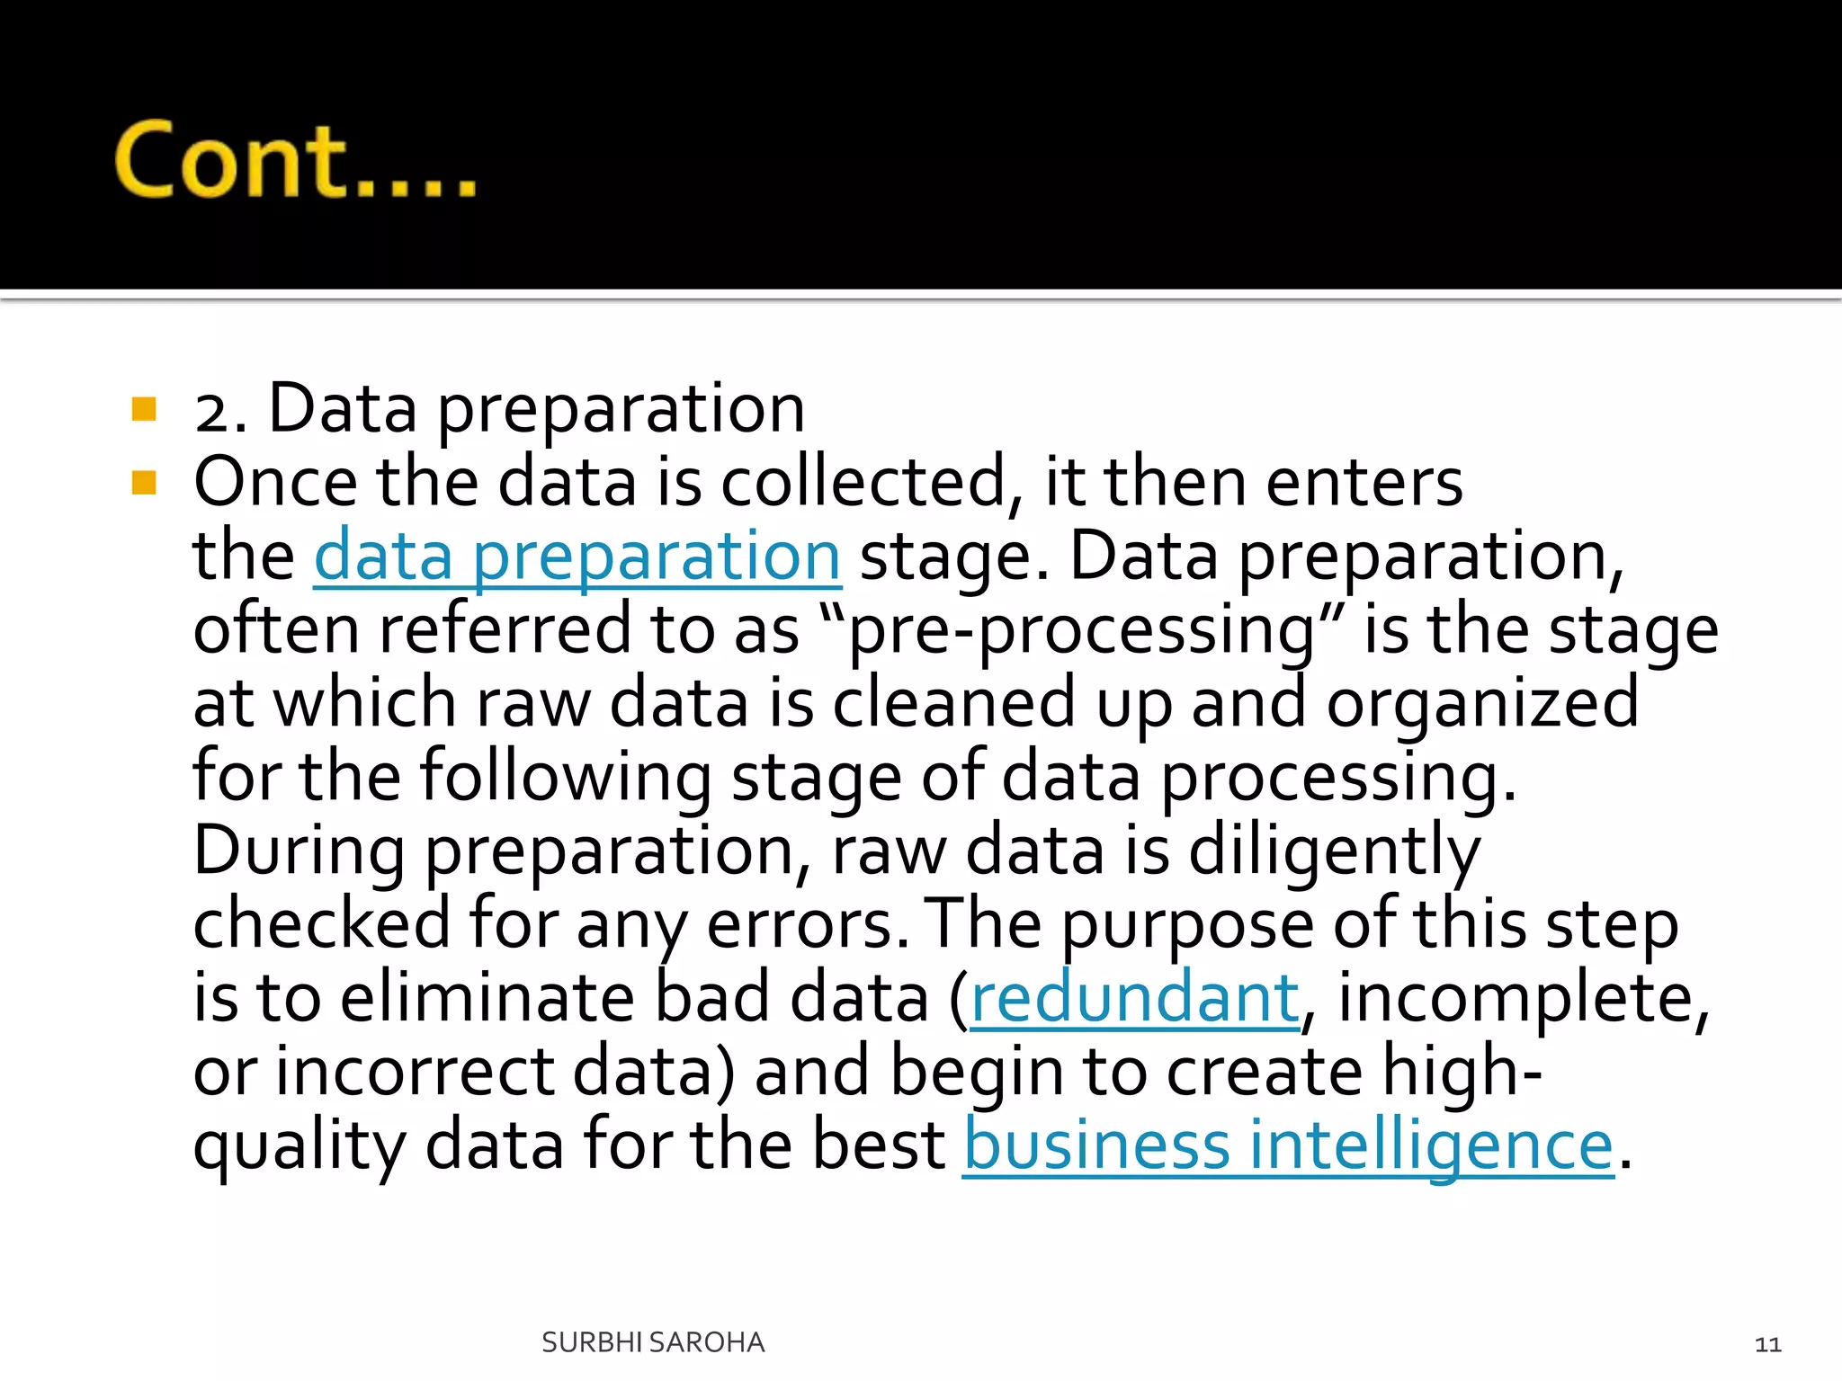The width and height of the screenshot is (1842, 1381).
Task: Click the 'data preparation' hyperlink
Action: click(x=577, y=557)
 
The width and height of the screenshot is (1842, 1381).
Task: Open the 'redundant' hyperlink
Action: click(x=1135, y=998)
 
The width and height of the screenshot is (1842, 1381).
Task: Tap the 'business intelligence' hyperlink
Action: click(x=1288, y=1145)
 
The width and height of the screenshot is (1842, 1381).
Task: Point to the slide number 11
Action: click(x=1767, y=1344)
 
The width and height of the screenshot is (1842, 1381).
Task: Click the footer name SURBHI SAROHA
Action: click(x=653, y=1342)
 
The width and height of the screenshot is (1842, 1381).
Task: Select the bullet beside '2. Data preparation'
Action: click(x=144, y=410)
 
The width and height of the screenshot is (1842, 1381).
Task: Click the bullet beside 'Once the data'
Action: click(x=144, y=484)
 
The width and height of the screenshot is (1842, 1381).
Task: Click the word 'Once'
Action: click(x=275, y=483)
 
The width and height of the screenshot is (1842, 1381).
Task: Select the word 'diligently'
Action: click(x=1334, y=851)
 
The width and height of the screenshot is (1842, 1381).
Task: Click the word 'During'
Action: click(x=299, y=851)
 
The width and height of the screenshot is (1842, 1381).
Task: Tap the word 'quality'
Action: click(x=300, y=1147)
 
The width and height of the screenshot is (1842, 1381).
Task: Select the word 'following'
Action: click(x=566, y=778)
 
